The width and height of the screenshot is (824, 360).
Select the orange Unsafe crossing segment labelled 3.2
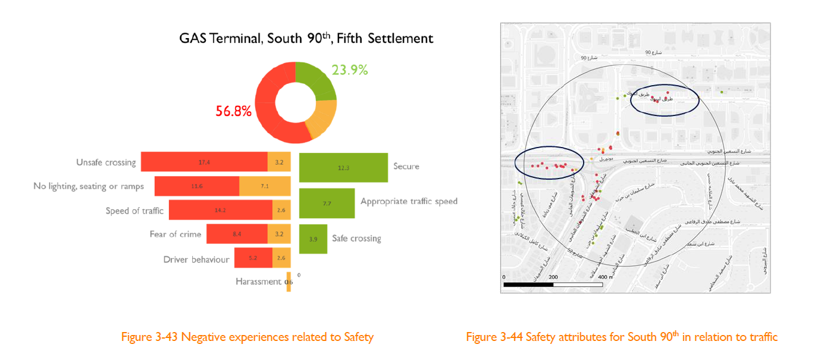click(x=279, y=162)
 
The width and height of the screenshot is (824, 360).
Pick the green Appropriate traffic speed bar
click(x=327, y=203)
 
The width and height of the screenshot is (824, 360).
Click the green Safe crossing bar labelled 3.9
click(x=313, y=239)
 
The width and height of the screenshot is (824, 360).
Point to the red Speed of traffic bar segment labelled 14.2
click(x=220, y=210)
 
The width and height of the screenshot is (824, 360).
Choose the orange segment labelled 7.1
click(x=265, y=186)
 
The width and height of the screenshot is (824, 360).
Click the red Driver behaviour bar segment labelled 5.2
click(x=253, y=258)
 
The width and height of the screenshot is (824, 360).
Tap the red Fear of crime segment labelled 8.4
click(x=237, y=234)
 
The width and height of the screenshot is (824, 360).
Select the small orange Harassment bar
click(x=289, y=281)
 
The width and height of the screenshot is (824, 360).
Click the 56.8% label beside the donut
click(x=234, y=111)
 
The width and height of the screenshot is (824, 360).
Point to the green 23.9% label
click(x=350, y=70)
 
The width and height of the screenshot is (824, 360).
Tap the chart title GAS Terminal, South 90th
click(x=306, y=39)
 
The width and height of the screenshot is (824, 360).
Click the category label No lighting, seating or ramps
click(x=89, y=186)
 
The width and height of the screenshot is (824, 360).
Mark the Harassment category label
click(x=258, y=281)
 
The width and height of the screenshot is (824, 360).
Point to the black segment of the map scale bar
click(x=528, y=284)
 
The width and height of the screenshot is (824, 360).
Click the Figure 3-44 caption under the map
click(x=622, y=337)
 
